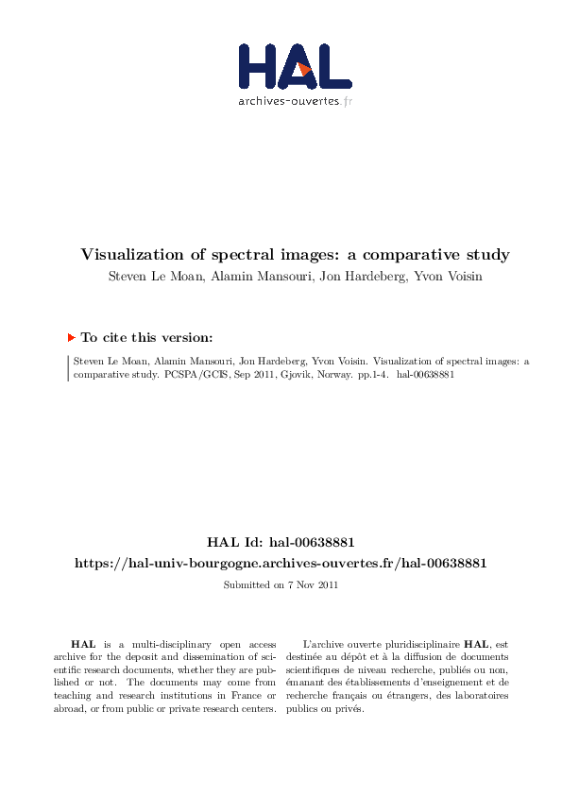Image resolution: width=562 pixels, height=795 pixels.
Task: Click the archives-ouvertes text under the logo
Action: (x=295, y=100)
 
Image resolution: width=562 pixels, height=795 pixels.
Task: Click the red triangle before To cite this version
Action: (x=71, y=336)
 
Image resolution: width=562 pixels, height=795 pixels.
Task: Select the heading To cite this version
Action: (x=146, y=336)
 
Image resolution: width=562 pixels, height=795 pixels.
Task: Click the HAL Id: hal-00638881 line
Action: (x=281, y=543)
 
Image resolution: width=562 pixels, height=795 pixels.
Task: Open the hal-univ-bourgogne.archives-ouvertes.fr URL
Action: (x=281, y=563)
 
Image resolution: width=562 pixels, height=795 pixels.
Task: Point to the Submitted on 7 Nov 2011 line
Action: (x=281, y=584)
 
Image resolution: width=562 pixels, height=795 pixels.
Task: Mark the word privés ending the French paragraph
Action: (x=349, y=709)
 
